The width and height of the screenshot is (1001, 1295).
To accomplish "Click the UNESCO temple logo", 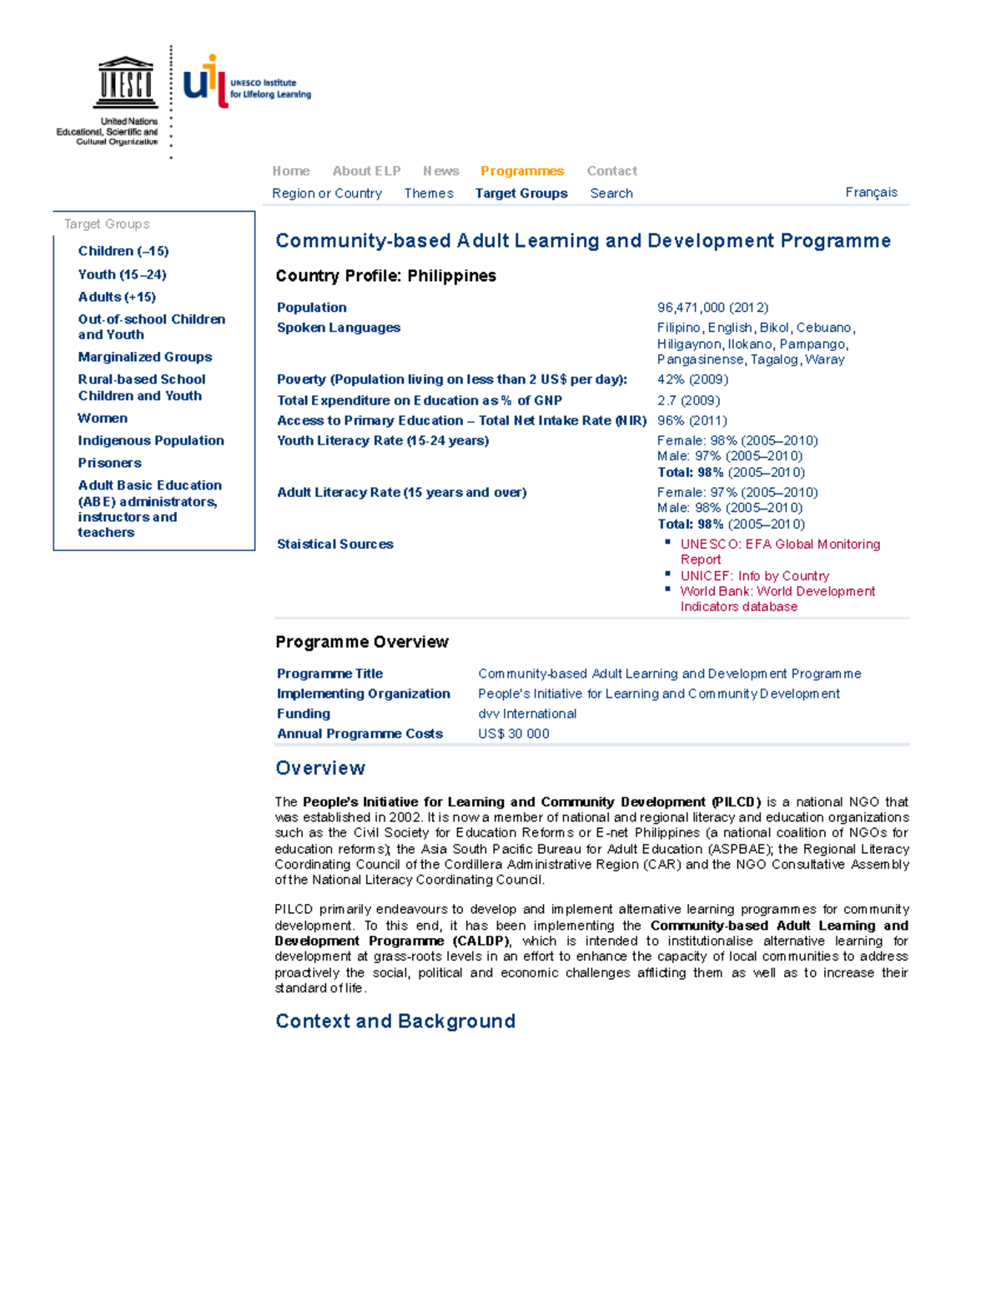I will pos(125,83).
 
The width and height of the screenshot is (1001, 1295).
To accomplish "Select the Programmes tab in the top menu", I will pos(521,171).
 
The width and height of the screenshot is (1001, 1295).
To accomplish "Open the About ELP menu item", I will pos(366,171).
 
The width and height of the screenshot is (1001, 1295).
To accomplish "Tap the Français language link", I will pos(871,193).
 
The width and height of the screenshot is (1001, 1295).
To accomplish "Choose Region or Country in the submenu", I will pos(326,193).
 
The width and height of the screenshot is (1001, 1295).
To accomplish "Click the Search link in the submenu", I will pos(611,193).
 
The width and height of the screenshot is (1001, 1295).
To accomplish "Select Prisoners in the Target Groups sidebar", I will pos(109,463).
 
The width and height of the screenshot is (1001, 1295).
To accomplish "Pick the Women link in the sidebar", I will pos(103,419).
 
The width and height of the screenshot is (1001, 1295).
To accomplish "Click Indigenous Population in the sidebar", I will pos(151,441).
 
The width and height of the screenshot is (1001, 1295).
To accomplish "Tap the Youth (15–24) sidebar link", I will pos(122,274).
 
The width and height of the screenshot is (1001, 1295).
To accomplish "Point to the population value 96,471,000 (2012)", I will pos(712,308).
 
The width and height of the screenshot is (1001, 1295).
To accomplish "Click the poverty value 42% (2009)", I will pos(692,379).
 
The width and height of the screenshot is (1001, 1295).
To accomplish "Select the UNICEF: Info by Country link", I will pos(754,576).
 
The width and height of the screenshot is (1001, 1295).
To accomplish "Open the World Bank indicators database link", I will pos(777,592).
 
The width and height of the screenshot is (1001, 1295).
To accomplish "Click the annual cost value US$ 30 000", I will pos(513,734).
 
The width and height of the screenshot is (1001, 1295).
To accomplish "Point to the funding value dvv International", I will pos(526,714).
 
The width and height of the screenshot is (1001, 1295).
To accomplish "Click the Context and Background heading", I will pos(395,1021).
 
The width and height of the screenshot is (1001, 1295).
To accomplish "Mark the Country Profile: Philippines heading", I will pos(385,276).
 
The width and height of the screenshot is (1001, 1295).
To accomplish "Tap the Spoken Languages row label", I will pos(338,328).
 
